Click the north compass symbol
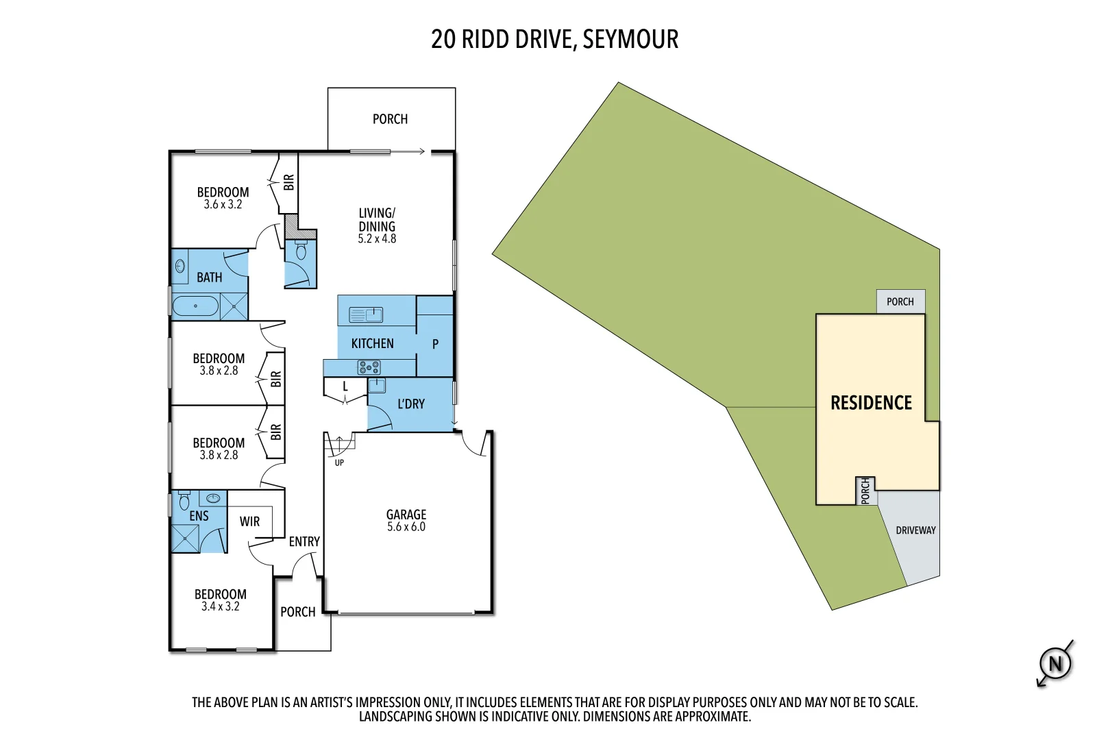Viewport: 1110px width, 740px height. click(1055, 663)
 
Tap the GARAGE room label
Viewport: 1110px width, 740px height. click(406, 514)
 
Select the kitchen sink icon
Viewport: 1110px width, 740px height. click(366, 314)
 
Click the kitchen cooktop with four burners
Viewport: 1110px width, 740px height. click(369, 367)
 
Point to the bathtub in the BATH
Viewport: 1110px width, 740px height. click(195, 306)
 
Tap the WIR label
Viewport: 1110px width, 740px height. click(249, 521)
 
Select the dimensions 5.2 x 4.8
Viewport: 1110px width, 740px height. click(377, 239)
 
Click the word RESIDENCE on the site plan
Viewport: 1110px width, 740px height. click(871, 403)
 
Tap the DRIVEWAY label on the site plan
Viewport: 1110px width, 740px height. click(915, 530)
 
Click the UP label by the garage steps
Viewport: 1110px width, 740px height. click(339, 463)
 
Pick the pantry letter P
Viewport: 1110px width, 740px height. click(435, 344)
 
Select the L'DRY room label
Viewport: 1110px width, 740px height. click(411, 404)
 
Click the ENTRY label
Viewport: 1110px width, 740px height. click(304, 542)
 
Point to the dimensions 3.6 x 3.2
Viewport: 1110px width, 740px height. click(223, 205)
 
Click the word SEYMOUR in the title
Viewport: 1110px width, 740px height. click(630, 39)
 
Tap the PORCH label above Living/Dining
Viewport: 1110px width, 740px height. click(390, 119)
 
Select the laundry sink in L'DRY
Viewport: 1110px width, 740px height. click(377, 385)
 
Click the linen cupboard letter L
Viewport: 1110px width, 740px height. click(345, 387)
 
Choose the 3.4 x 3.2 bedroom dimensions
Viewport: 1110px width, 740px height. click(220, 607)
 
